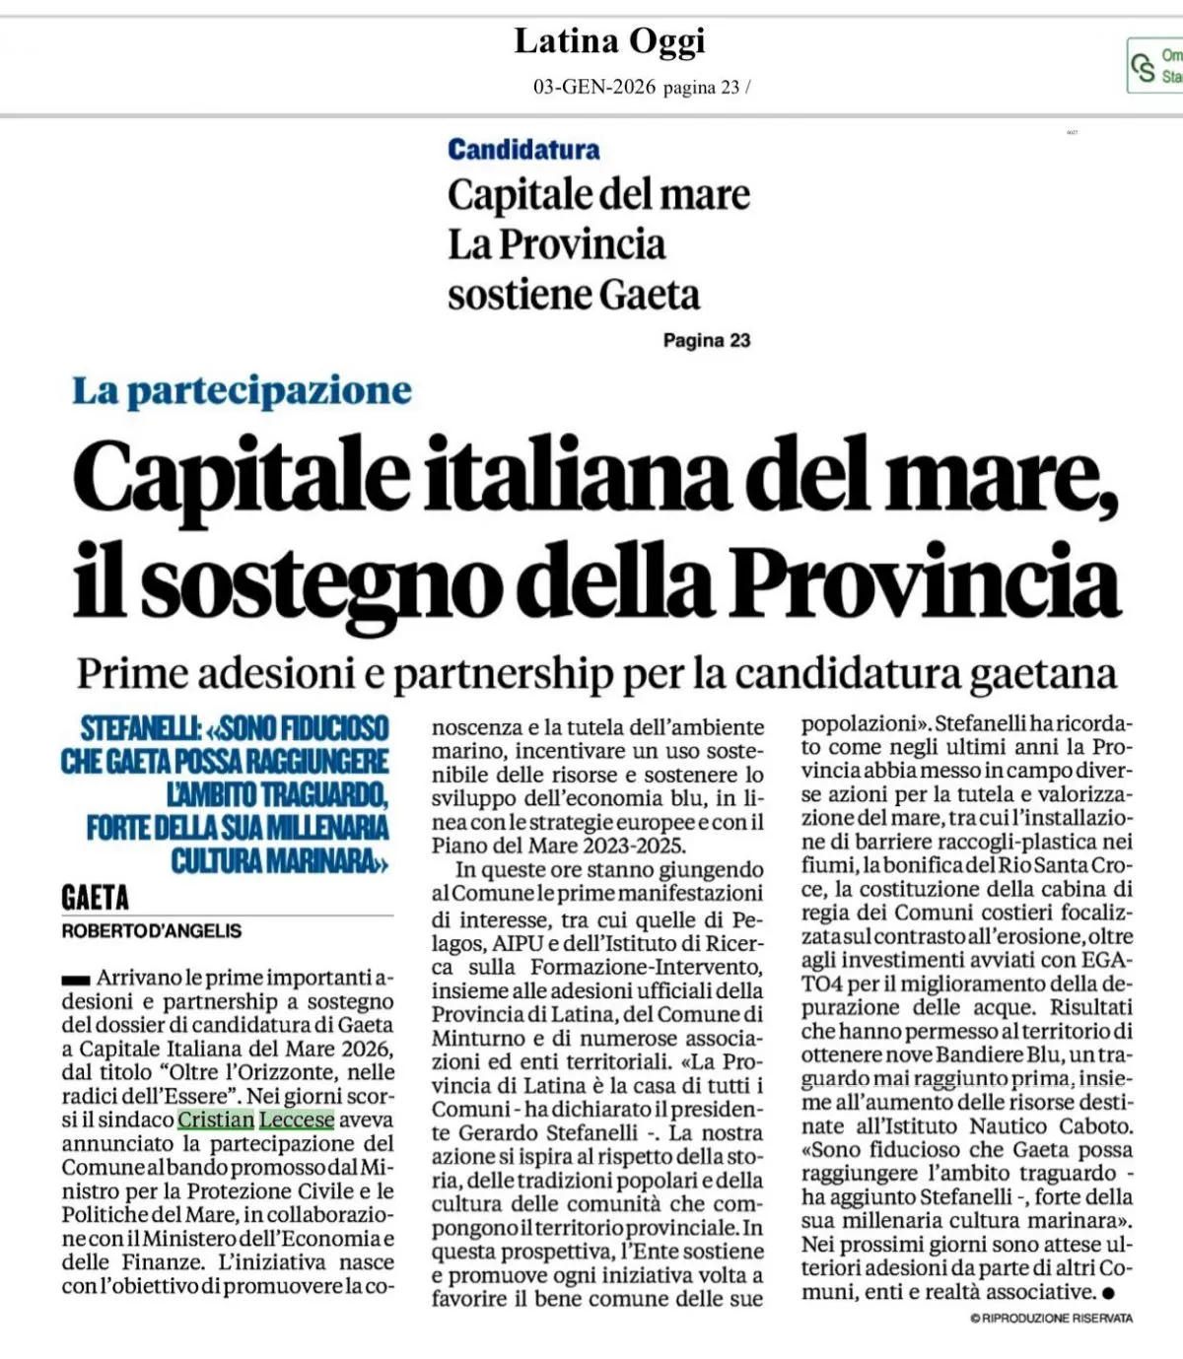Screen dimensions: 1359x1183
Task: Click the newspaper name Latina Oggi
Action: click(609, 41)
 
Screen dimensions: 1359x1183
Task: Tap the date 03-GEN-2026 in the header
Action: click(593, 87)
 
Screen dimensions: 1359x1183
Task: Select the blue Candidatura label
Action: click(523, 150)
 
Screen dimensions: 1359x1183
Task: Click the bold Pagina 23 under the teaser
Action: click(707, 341)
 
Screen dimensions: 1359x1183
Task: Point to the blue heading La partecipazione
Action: click(242, 391)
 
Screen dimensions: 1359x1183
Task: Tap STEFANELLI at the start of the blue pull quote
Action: click(141, 728)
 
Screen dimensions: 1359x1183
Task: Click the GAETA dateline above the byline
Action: click(95, 898)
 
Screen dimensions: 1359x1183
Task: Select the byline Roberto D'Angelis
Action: click(151, 931)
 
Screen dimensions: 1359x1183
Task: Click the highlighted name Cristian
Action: click(216, 1121)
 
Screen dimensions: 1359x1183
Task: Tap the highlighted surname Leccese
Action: click(297, 1121)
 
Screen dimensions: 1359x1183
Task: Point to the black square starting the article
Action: click(75, 980)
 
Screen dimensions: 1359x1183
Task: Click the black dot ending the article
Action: click(1109, 1292)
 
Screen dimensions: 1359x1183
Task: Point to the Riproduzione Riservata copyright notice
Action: click(1051, 1319)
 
